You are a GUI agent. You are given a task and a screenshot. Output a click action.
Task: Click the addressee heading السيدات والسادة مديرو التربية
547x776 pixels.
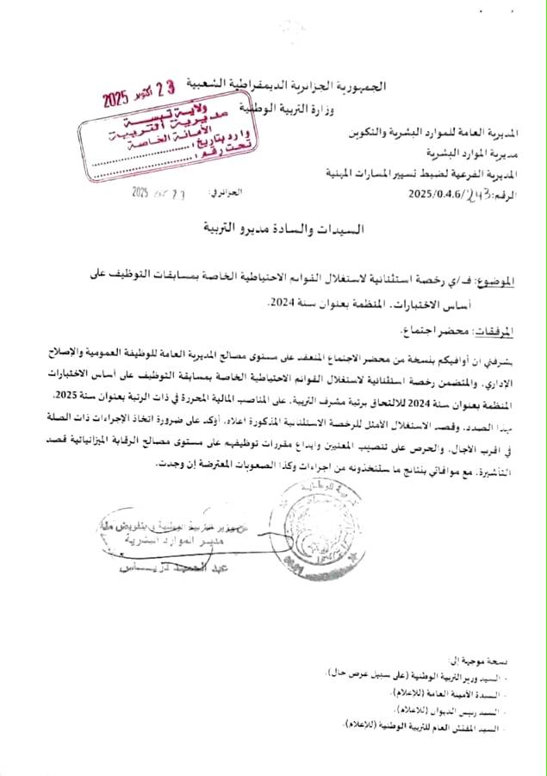coord(274,231)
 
